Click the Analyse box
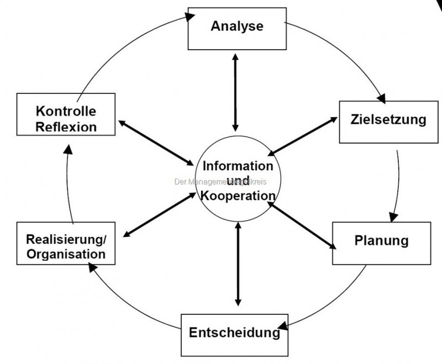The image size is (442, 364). (x=237, y=27)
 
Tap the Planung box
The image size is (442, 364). (x=381, y=241)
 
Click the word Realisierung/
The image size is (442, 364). (x=66, y=240)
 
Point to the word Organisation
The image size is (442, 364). (x=66, y=255)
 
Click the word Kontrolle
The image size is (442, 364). (x=66, y=112)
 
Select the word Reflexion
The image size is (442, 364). (x=66, y=126)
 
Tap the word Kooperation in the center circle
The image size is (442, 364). (x=238, y=195)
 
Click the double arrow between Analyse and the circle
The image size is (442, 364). (x=236, y=91)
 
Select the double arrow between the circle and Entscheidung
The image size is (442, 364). (x=238, y=263)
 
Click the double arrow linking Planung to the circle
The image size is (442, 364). (x=301, y=224)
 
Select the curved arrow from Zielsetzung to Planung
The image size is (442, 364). (x=398, y=182)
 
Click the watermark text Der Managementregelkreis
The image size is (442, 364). (x=220, y=181)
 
